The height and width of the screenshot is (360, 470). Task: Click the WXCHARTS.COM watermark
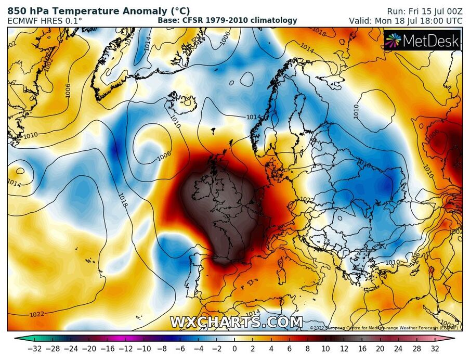[x=236, y=322]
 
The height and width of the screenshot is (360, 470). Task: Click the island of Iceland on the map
[x=182, y=102]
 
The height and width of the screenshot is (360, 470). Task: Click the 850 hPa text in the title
[x=26, y=10]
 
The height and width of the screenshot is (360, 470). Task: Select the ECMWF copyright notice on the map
[x=384, y=328]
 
